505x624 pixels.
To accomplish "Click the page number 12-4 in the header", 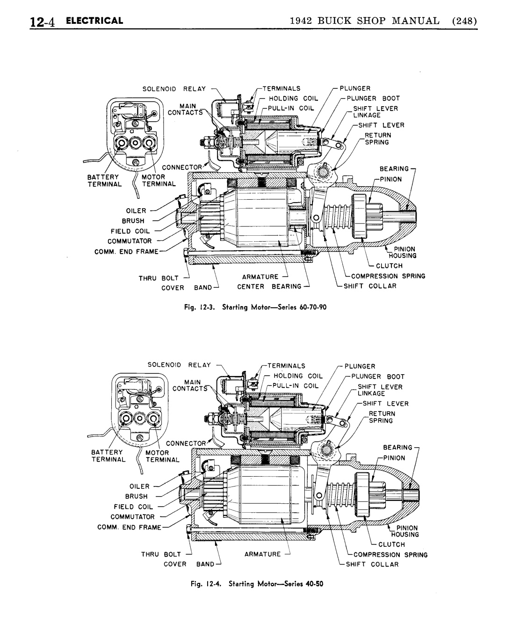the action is pos(43,22).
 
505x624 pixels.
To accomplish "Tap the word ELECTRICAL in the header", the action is pos(94,21).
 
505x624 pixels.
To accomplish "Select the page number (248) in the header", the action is pos(465,21).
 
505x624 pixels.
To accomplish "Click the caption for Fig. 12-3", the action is pos(255,307).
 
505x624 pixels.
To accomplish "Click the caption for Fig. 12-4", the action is pos(257,584).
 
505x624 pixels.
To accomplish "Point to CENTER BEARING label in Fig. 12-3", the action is pos(269,286).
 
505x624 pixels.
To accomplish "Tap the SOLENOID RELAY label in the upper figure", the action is pos(174,89).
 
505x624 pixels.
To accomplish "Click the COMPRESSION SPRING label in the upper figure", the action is pos(388,276).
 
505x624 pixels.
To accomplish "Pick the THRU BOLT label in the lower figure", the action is pos(161,554).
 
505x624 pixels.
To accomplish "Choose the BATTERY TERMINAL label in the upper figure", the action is pos(105,181).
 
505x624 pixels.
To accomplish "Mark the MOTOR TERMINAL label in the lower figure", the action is pos(162,456).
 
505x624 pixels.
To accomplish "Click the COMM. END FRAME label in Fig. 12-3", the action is pos(126,252).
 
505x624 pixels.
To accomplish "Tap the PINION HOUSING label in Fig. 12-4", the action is pos(405,531).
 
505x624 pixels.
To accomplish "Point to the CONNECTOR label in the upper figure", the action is pos(182,167).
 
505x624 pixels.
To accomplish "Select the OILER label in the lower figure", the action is pos(139,486).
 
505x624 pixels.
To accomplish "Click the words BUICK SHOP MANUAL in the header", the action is pos(379,21).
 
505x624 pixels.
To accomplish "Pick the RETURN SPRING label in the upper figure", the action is pos(377,138).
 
